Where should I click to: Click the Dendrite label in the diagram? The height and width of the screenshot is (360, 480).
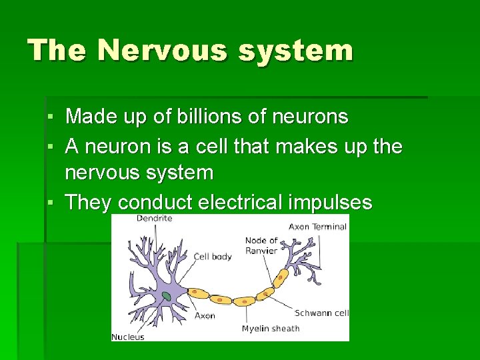(154, 218)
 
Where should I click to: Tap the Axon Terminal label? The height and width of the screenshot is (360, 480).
(317, 227)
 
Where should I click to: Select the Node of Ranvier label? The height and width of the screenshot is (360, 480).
(261, 245)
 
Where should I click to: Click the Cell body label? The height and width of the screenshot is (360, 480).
(213, 256)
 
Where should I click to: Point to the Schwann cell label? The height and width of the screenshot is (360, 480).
(322, 313)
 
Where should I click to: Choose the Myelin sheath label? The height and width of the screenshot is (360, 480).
(270, 328)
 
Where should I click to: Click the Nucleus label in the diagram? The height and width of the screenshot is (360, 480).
(127, 337)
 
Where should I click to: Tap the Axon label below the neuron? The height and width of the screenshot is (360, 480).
(205, 315)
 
